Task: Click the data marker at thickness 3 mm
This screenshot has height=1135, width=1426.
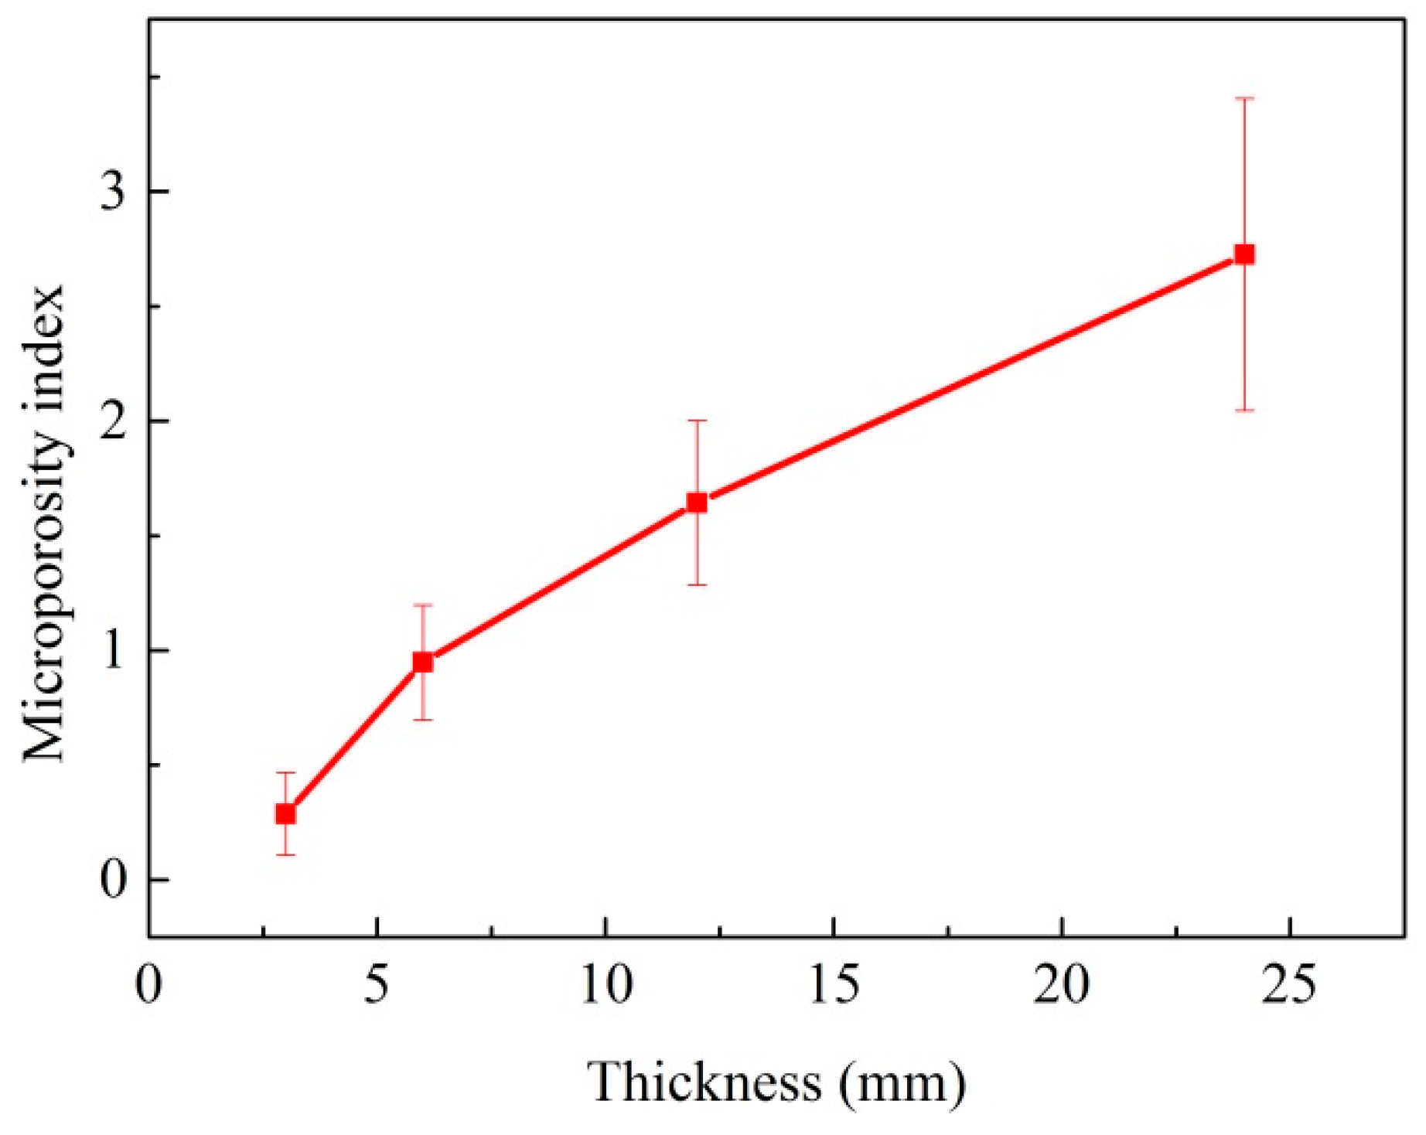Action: (x=285, y=814)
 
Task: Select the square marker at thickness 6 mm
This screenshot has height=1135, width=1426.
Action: (x=422, y=662)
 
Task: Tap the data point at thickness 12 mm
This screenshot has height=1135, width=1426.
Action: (x=697, y=503)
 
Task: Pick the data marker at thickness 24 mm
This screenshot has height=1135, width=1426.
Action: (x=1244, y=254)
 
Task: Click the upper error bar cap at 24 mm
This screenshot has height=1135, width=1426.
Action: (x=1244, y=99)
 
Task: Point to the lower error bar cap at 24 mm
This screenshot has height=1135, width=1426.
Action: (x=1244, y=411)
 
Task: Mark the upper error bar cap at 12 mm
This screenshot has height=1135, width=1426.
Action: (x=697, y=421)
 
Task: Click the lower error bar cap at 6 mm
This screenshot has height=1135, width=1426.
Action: (x=422, y=720)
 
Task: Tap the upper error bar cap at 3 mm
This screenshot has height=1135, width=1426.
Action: (x=285, y=772)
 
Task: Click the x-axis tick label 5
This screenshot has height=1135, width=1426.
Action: (x=376, y=986)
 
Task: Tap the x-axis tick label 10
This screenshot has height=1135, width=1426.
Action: (x=606, y=986)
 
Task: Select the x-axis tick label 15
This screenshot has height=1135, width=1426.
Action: (x=834, y=986)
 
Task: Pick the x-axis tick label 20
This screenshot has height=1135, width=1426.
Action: (x=1062, y=986)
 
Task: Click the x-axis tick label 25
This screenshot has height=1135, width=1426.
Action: (x=1289, y=986)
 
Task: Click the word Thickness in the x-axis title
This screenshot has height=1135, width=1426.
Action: (x=704, y=1082)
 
